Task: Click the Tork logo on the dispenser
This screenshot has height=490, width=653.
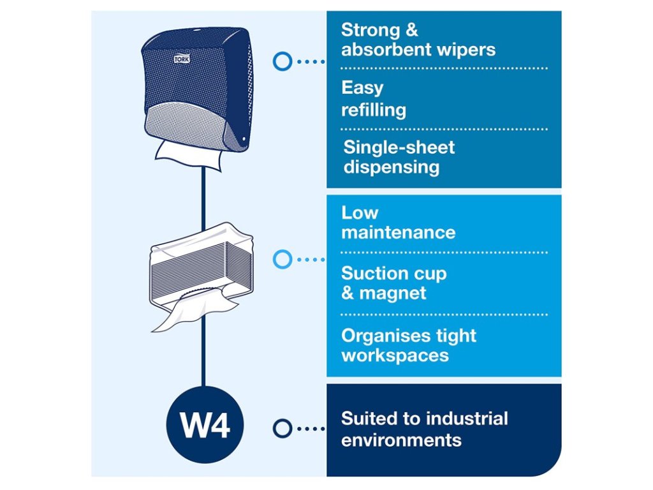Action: click(x=182, y=59)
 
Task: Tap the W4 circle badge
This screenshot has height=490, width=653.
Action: click(x=204, y=426)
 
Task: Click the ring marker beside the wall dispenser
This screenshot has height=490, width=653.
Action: click(x=282, y=61)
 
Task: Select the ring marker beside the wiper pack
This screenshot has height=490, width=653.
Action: click(x=282, y=260)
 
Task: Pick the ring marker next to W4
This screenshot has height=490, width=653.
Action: click(x=282, y=427)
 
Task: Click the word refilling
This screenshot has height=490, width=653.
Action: click(x=374, y=110)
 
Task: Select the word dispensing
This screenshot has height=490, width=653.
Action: click(x=392, y=167)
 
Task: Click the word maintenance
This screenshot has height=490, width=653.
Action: click(x=399, y=232)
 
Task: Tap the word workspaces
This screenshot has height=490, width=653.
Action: click(x=395, y=355)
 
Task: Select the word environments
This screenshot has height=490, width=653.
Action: click(x=401, y=440)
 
